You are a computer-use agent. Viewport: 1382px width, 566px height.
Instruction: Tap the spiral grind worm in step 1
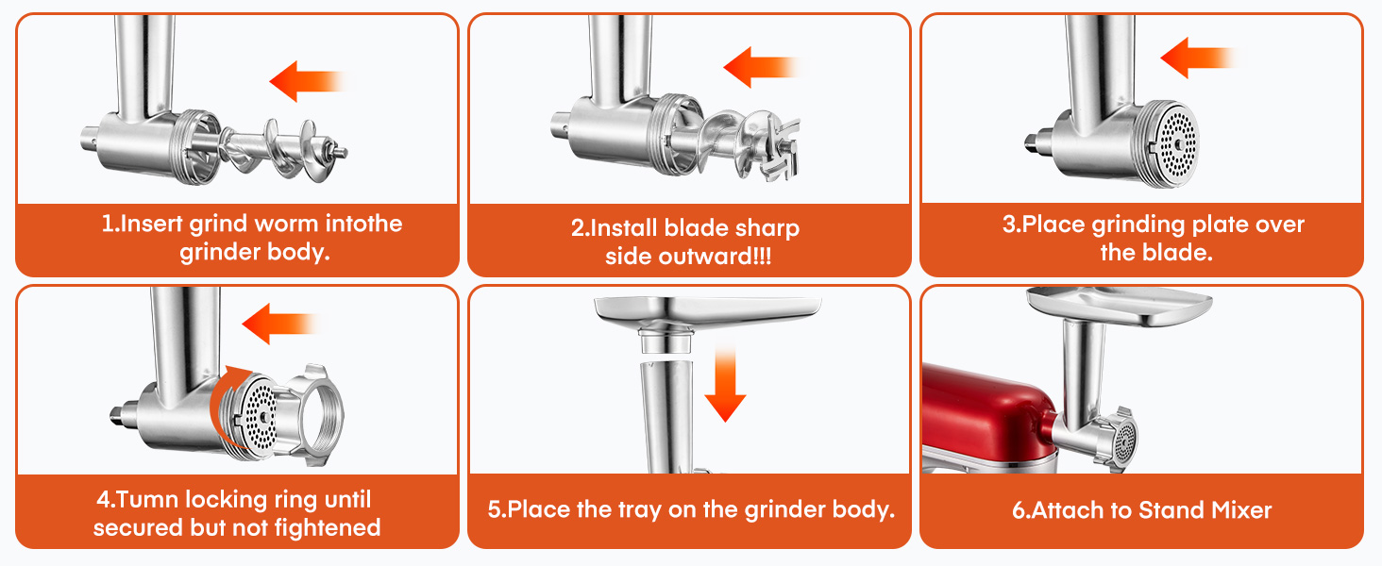[274, 150]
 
